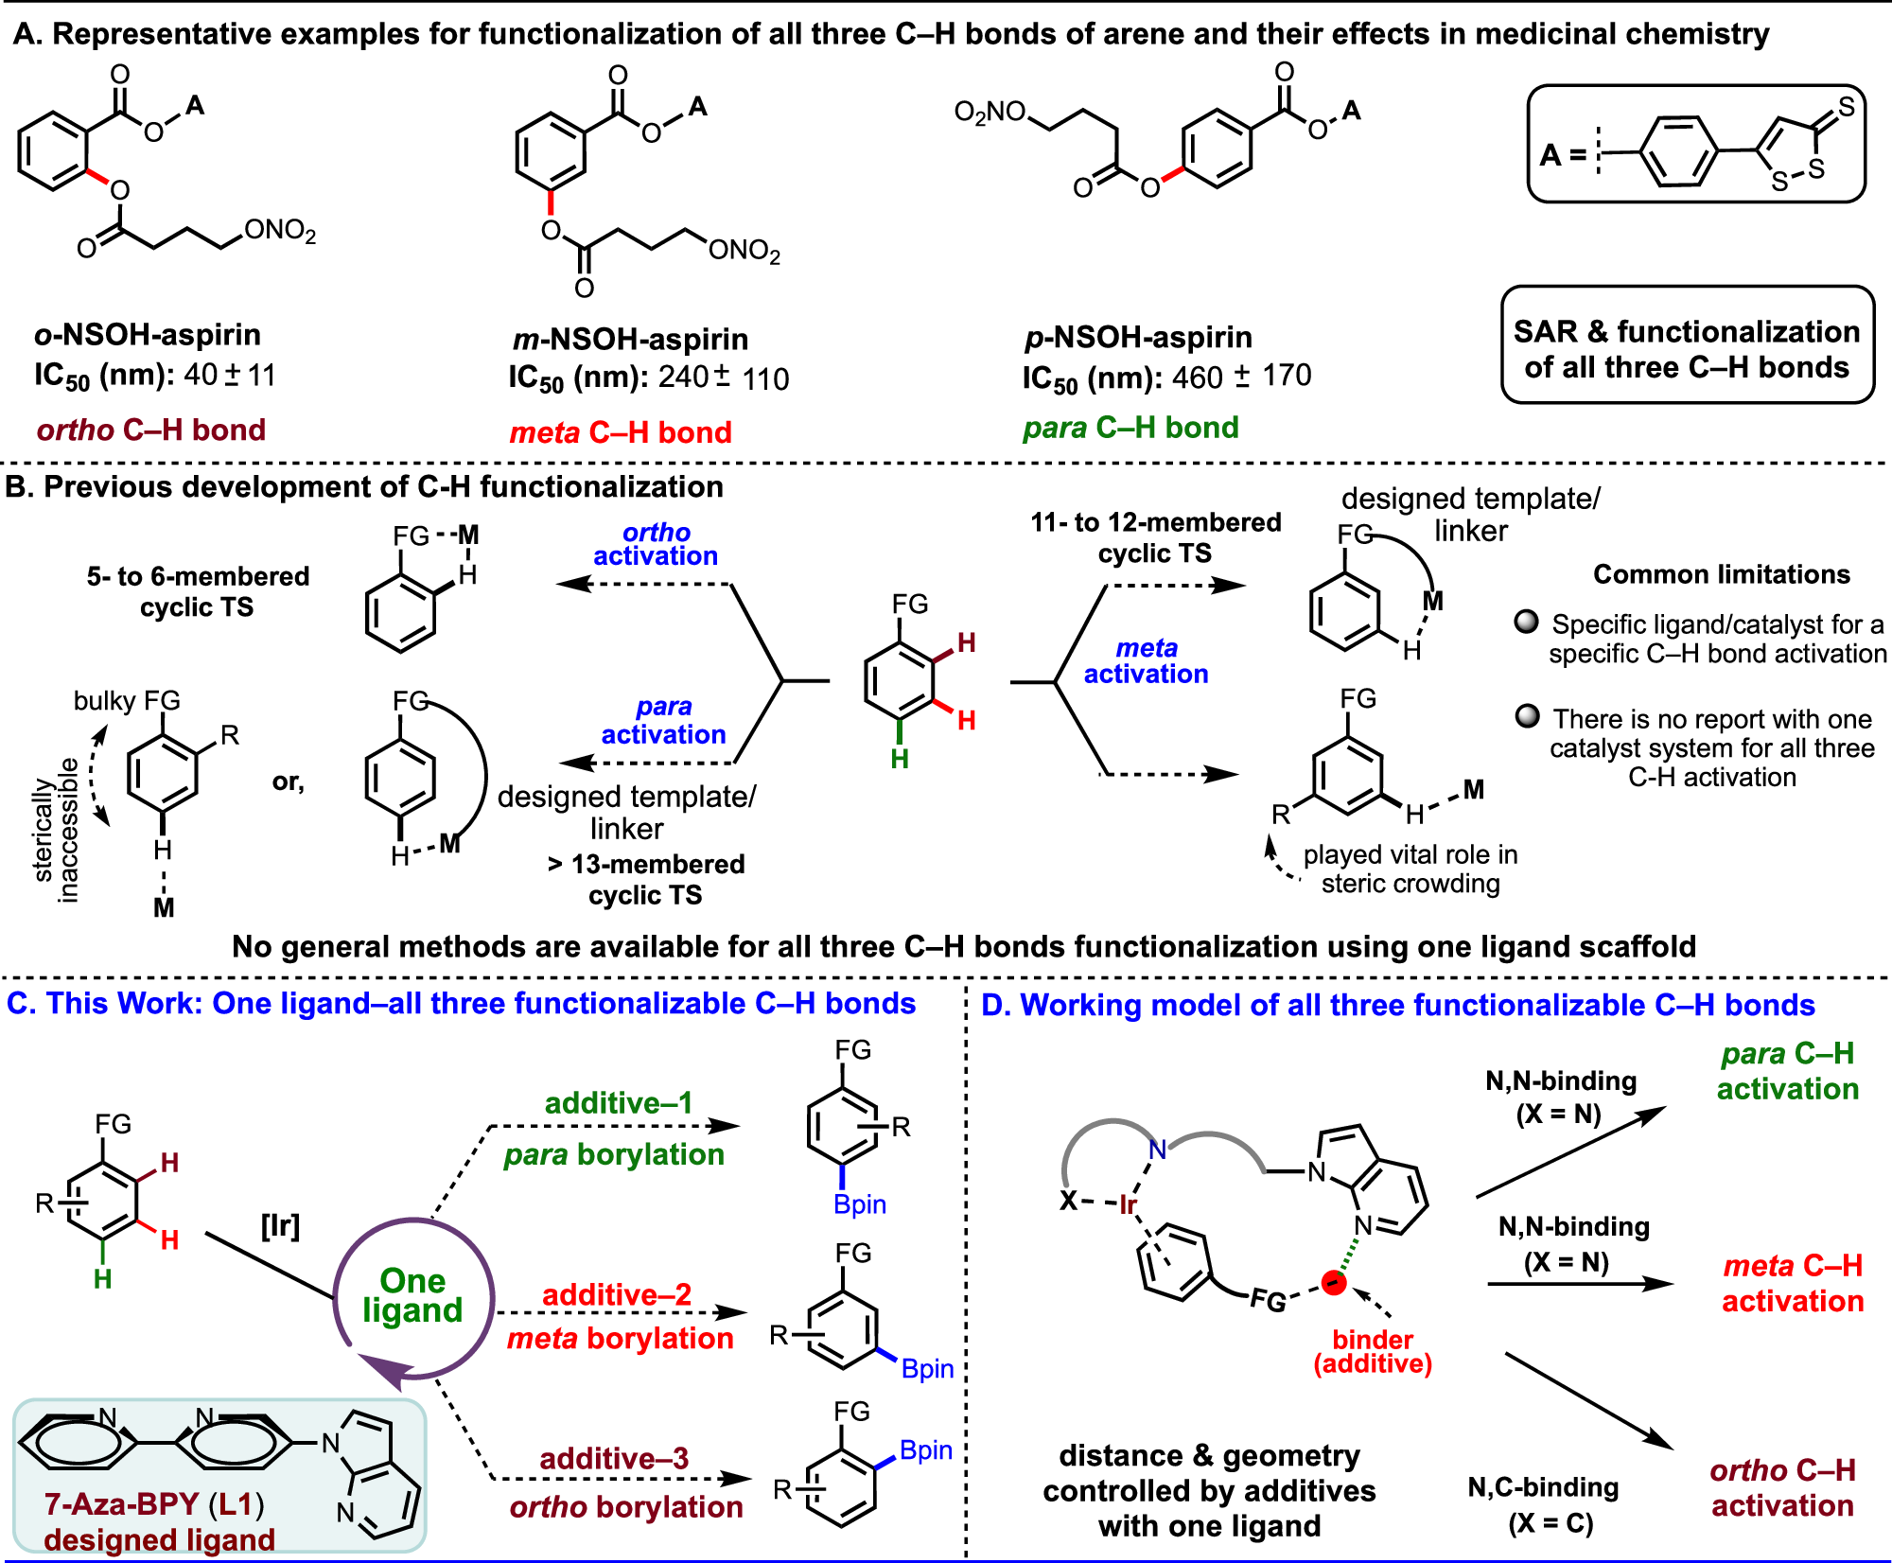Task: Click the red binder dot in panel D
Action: (x=1334, y=1283)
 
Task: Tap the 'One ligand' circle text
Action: (x=412, y=1295)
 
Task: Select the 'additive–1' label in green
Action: (x=619, y=1102)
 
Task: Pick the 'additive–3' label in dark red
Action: (x=614, y=1458)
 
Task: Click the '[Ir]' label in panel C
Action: (x=280, y=1226)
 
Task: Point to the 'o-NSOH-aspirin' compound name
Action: (x=148, y=334)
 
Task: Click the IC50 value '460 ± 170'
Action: (x=1241, y=377)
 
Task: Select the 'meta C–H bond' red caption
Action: (x=621, y=432)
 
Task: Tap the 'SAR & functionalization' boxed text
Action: (x=1687, y=332)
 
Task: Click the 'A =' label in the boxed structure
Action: (x=1563, y=154)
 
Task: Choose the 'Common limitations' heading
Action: (x=1721, y=574)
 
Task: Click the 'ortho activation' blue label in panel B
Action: (x=656, y=544)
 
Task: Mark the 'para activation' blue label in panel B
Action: (x=663, y=720)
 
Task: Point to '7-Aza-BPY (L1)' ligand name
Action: (x=154, y=1503)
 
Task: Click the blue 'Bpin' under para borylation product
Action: (x=859, y=1204)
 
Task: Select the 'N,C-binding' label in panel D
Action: (x=1543, y=1487)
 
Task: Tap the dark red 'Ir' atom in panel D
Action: (x=1128, y=1204)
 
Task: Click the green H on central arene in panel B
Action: (x=900, y=758)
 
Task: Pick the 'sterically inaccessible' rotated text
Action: (x=56, y=831)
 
